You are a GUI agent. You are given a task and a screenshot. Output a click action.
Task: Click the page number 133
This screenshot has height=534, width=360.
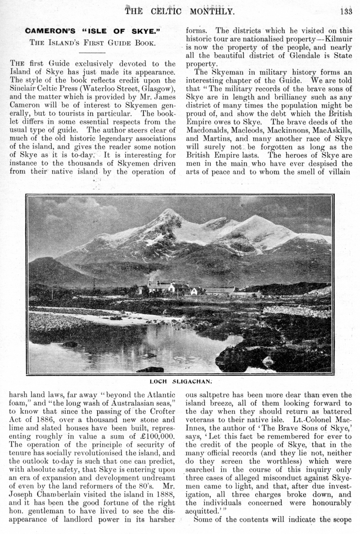[346, 11]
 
